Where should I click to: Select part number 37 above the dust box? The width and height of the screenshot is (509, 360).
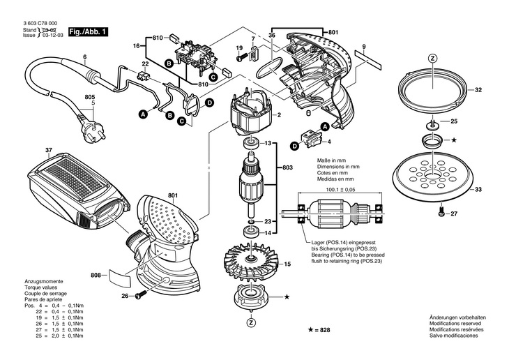[x=48, y=150]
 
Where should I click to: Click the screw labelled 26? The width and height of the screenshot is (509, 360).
[x=139, y=296]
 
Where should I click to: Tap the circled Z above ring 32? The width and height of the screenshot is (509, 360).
[x=432, y=59]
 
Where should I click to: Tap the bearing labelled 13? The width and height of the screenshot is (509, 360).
[x=250, y=144]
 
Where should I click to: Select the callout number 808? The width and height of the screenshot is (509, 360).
[x=96, y=275]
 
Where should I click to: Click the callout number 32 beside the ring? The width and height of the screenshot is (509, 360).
[x=478, y=90]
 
